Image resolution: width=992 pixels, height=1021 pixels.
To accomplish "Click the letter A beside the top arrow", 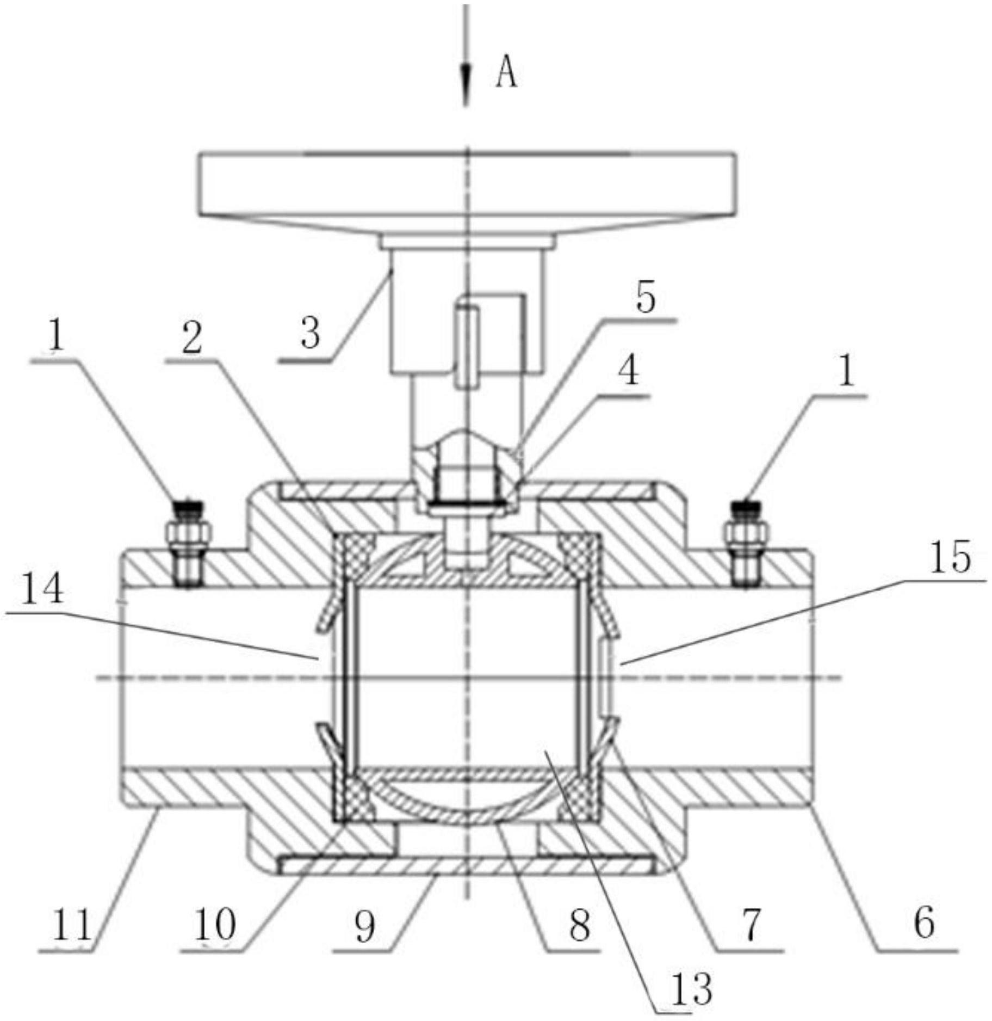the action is [506, 73].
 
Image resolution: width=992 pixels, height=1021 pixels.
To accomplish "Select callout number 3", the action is [311, 333].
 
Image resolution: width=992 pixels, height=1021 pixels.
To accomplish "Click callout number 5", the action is [647, 297].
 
